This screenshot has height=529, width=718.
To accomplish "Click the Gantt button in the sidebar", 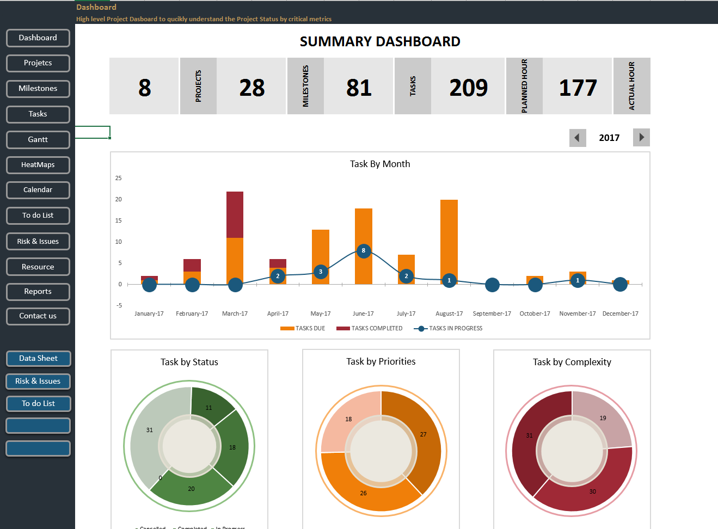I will coord(38,140).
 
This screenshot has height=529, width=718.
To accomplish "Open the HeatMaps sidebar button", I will coord(38,165).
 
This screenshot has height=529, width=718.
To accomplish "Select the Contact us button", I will coord(38,316).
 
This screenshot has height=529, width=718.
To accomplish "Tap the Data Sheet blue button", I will coord(38,359).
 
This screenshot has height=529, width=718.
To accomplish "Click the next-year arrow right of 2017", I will coord(641,138).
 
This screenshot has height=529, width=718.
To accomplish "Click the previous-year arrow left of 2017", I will coord(578,138).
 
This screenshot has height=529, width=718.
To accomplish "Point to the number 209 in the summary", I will coord(468,88).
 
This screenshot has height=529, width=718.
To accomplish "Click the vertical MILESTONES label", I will coord(305,86).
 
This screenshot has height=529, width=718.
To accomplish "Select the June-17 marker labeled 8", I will coord(364,251).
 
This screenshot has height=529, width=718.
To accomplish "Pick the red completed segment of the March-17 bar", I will coord(235,214).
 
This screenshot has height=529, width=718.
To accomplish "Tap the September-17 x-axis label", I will coord(492,314).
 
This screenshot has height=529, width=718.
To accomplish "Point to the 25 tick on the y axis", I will coord(119,179).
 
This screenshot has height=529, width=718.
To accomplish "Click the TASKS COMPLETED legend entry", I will coord(370,329).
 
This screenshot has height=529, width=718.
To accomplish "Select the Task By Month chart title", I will coord(380,164).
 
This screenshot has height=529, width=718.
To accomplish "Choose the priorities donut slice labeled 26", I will coord(365,490).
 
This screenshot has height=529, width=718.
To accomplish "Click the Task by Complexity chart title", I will coord(572,362).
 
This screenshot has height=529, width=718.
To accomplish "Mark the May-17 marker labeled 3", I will coord(321,272).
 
